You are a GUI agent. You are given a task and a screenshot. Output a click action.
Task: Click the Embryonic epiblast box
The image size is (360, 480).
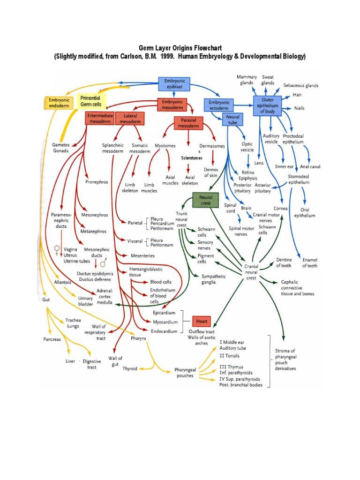pyautogui.click(x=174, y=84)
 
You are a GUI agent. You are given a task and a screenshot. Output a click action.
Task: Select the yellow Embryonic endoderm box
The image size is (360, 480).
pyautogui.click(x=59, y=103)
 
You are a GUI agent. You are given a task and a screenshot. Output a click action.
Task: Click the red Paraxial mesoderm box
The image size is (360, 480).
pyautogui.click(x=188, y=123)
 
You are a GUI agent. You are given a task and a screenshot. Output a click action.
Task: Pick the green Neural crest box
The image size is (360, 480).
pyautogui.click(x=206, y=200)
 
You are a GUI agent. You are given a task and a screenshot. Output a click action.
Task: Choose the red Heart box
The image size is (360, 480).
pyautogui.click(x=202, y=322)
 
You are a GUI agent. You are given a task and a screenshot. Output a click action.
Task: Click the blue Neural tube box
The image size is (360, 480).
pyautogui.click(x=233, y=119)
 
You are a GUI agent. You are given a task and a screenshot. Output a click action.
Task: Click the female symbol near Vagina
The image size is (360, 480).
pyautogui.click(x=57, y=249)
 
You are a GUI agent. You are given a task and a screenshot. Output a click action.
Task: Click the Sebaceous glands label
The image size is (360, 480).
pyautogui.click(x=300, y=86)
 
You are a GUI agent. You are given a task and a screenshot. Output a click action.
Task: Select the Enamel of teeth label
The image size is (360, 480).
pyautogui.click(x=309, y=262)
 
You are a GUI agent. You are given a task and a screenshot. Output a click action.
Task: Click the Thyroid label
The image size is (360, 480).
pyautogui.click(x=130, y=368)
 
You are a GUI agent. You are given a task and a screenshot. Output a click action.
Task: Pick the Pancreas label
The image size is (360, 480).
pyautogui.click(x=52, y=339)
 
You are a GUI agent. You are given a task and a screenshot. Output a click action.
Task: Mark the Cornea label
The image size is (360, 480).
pyautogui.click(x=280, y=208)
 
